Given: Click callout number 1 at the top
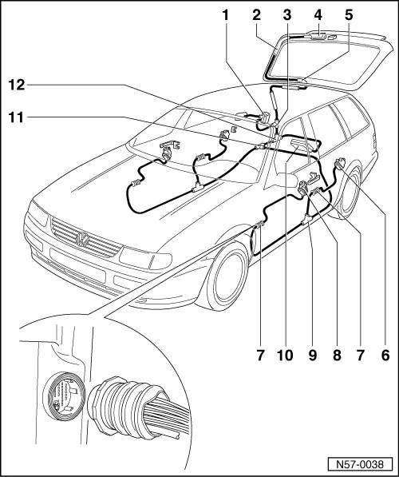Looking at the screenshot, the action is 225,16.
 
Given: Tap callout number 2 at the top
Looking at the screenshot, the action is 256,16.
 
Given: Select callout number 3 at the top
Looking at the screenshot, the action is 286,16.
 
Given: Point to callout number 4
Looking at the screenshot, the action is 318,16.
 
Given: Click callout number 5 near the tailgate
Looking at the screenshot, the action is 349,16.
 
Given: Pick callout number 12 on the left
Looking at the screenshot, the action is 17,85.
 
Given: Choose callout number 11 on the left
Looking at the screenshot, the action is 17,117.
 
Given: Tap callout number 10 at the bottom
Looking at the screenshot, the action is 285,355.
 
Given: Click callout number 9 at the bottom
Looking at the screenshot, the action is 312,355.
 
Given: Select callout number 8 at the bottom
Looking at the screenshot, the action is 337,355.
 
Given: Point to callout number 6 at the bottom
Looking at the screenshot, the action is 385,355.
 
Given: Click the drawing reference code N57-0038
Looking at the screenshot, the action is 360,464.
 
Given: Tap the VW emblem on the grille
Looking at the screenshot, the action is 82,239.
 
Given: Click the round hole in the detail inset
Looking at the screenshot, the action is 64,396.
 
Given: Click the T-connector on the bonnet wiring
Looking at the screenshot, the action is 198,187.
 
